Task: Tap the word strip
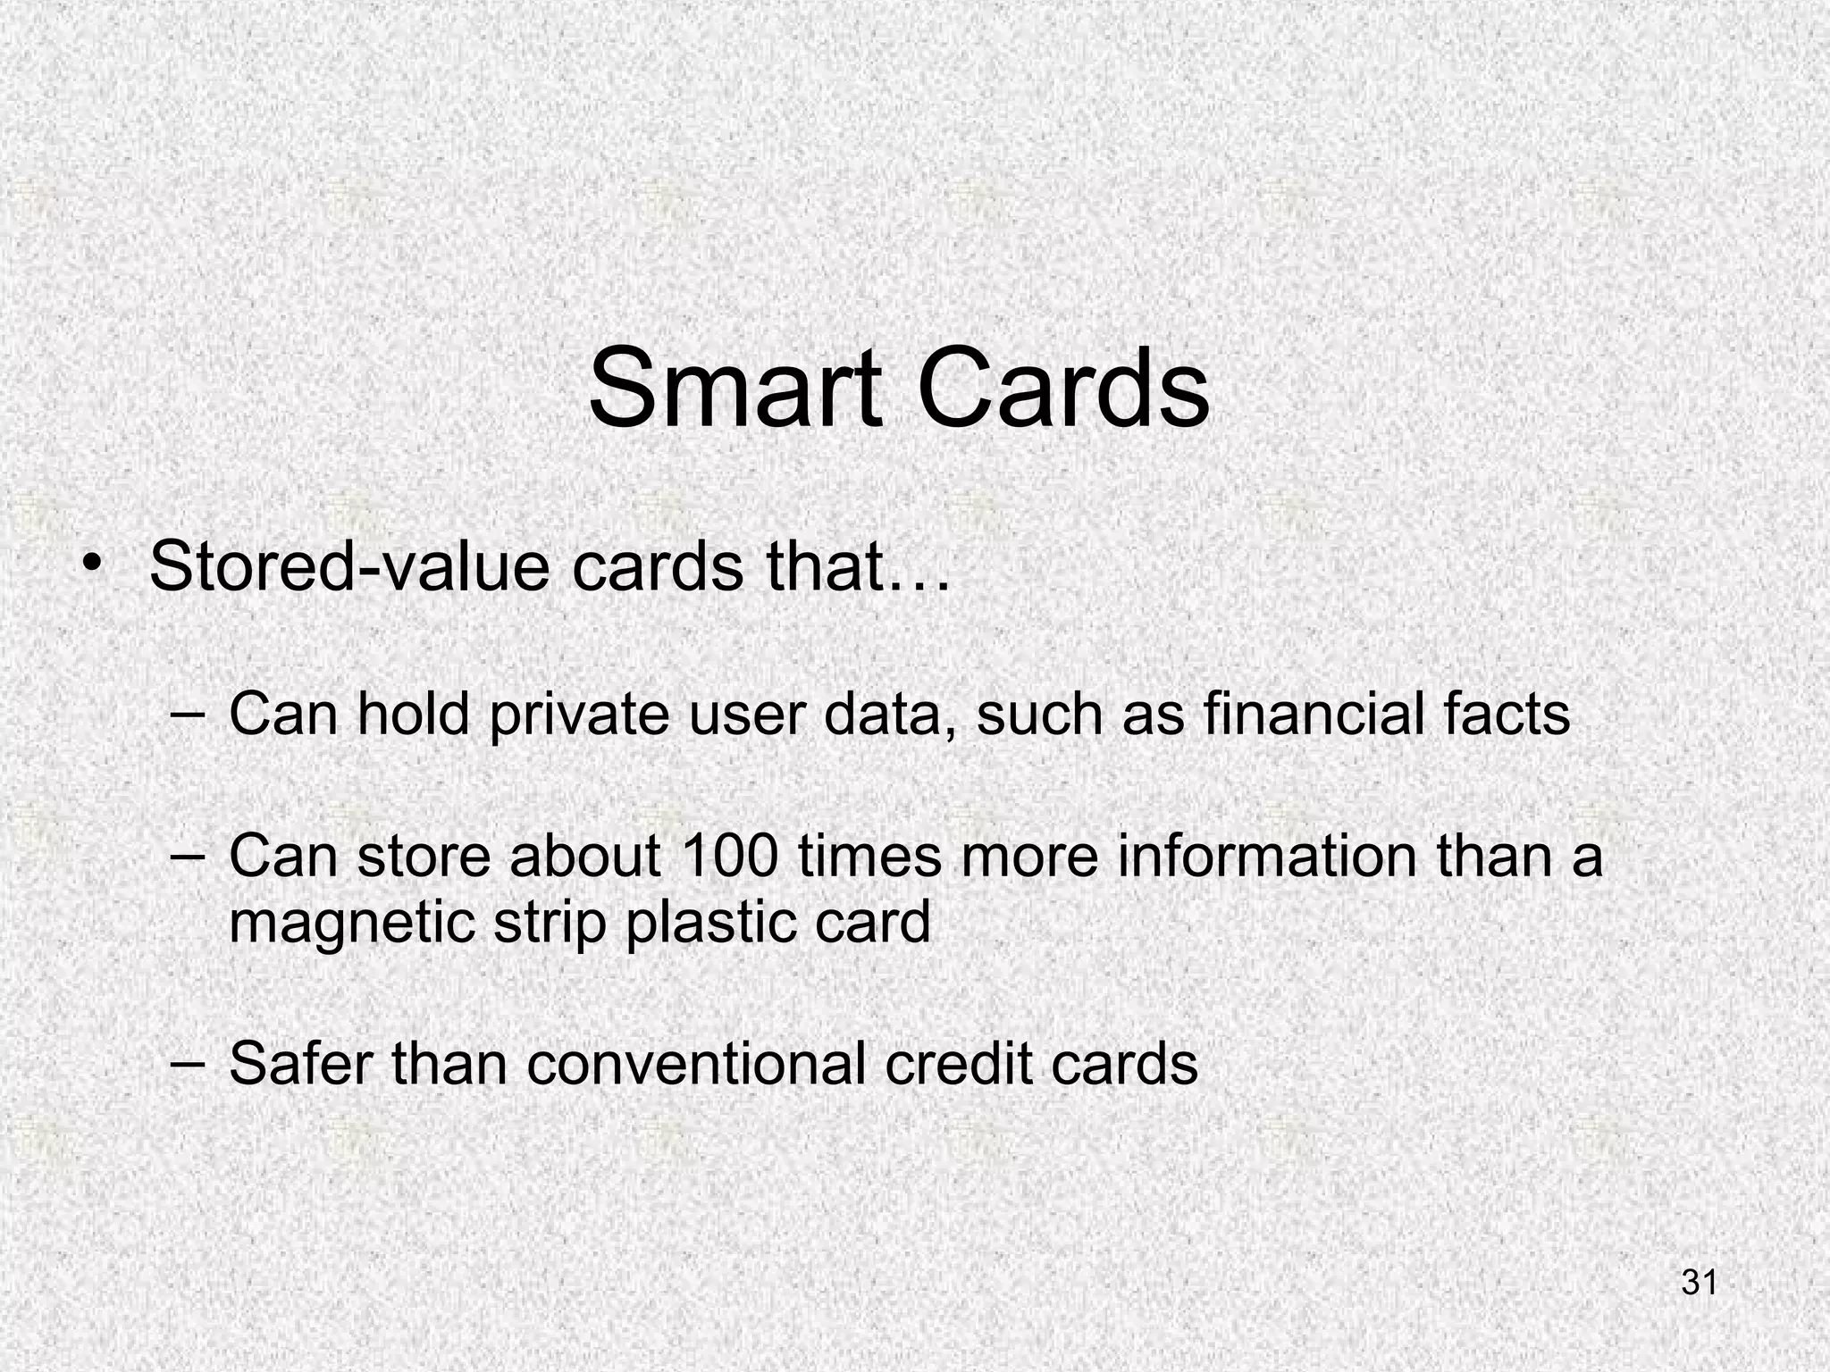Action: click(x=550, y=924)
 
